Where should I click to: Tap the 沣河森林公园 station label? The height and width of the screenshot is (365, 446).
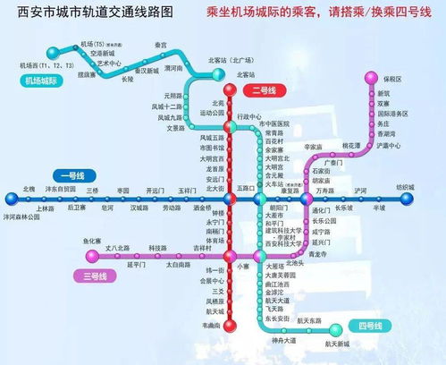[26, 216]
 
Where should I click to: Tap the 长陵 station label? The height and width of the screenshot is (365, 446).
[127, 79]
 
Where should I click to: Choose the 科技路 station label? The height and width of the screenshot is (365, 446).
[157, 247]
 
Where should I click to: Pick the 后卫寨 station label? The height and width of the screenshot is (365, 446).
[76, 207]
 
